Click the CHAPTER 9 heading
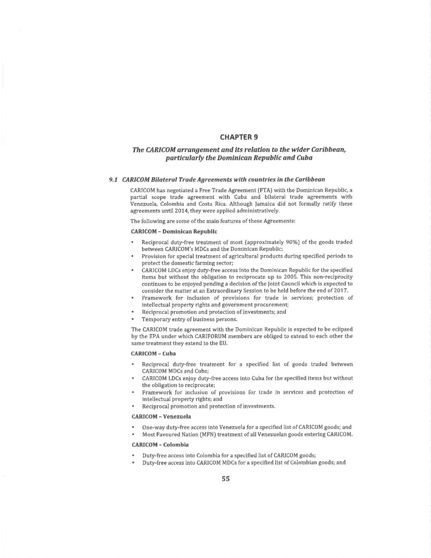(x=239, y=137)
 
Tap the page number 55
(x=225, y=479)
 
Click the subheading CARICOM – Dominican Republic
(x=174, y=231)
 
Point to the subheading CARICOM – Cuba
(x=153, y=353)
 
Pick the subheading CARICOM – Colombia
(x=160, y=444)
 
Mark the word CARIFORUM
(x=222, y=336)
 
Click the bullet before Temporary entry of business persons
(x=133, y=319)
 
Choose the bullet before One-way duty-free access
(x=133, y=427)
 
